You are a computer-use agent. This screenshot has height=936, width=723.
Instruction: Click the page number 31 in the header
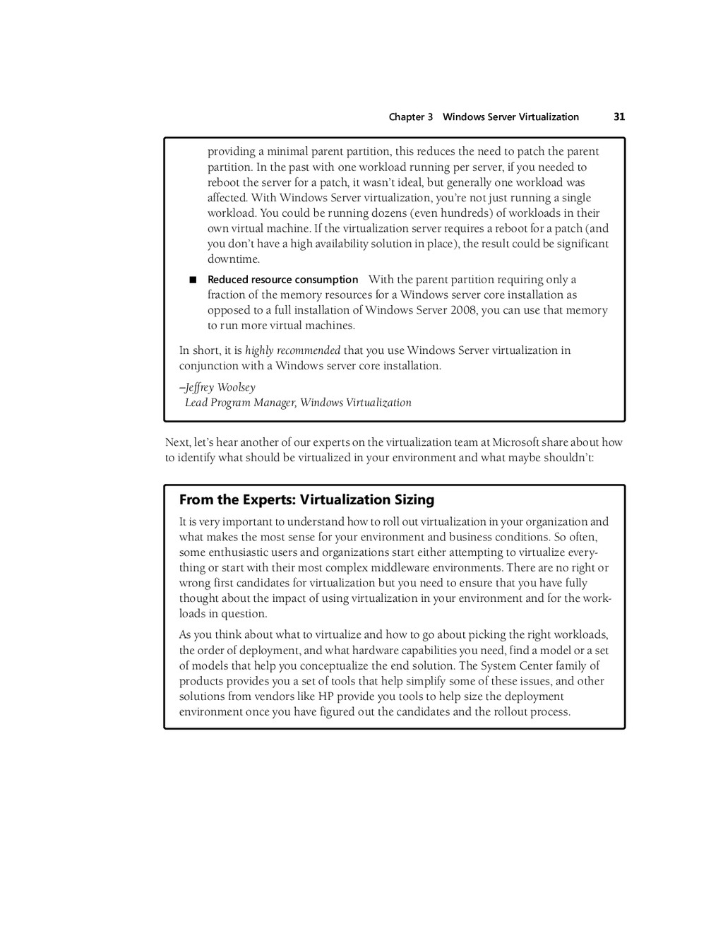(619, 117)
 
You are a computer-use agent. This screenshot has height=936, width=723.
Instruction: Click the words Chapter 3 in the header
(410, 117)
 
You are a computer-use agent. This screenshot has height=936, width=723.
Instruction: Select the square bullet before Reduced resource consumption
(192, 280)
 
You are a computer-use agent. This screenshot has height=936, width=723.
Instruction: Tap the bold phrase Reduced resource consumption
(282, 280)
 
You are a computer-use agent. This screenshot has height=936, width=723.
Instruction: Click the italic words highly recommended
(292, 350)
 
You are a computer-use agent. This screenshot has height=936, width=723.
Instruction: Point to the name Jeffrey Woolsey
(220, 387)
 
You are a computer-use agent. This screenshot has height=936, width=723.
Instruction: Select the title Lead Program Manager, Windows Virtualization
(298, 403)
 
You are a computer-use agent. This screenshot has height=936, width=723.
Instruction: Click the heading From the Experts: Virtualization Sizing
(306, 500)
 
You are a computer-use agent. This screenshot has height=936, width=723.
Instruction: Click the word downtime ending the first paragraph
(233, 259)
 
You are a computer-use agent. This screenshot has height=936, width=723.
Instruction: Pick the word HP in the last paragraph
(325, 697)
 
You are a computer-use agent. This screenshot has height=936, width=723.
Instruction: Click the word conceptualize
(335, 665)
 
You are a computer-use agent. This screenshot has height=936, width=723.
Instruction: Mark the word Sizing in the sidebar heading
(414, 500)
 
